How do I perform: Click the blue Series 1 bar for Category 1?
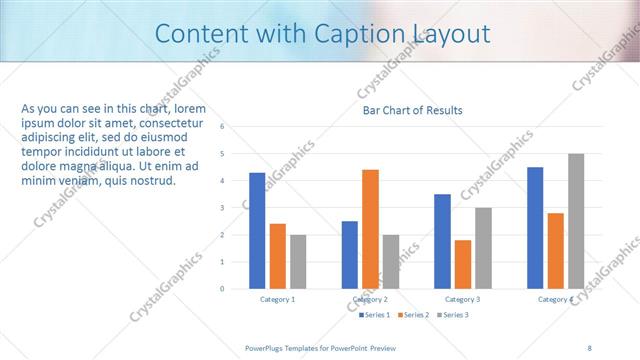click(257, 231)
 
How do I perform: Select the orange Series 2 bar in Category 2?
click(370, 229)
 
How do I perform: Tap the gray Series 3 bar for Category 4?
click(576, 221)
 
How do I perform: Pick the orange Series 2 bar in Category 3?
click(463, 264)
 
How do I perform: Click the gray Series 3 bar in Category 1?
click(298, 262)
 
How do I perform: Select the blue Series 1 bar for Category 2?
click(350, 255)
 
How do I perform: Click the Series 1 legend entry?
click(375, 315)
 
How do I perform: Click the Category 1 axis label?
click(278, 300)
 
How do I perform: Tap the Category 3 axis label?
click(462, 300)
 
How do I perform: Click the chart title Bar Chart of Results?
click(412, 110)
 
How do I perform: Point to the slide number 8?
click(590, 347)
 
